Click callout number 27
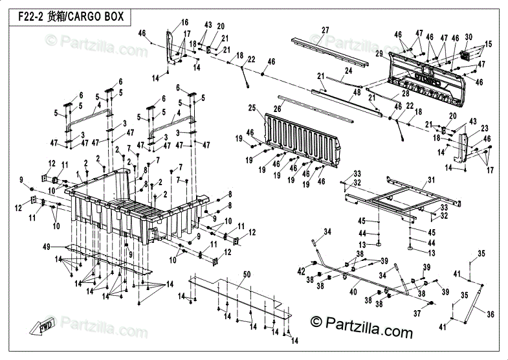pyautogui.click(x=326, y=30)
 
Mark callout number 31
pyautogui.click(x=432, y=179)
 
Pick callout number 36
pyautogui.click(x=491, y=315)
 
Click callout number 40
pyautogui.click(x=353, y=292)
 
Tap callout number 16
pyautogui.click(x=184, y=23)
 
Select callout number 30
pyautogui.click(x=469, y=38)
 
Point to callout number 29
pyautogui.click(x=379, y=53)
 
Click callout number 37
pyautogui.click(x=417, y=314)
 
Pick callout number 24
pyautogui.click(x=349, y=70)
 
